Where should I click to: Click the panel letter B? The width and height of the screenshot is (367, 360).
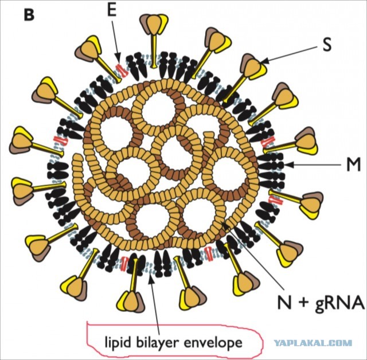pos(29,15)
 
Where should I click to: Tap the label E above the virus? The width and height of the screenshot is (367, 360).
pos(112,11)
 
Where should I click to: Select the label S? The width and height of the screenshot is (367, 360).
pos(327,45)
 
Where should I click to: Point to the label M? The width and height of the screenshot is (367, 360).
pos(353,165)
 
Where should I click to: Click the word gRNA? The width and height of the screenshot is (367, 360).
pos(340,303)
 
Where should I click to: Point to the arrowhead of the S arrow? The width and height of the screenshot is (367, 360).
pos(264,62)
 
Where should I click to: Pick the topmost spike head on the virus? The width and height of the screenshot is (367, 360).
pos(154,24)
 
